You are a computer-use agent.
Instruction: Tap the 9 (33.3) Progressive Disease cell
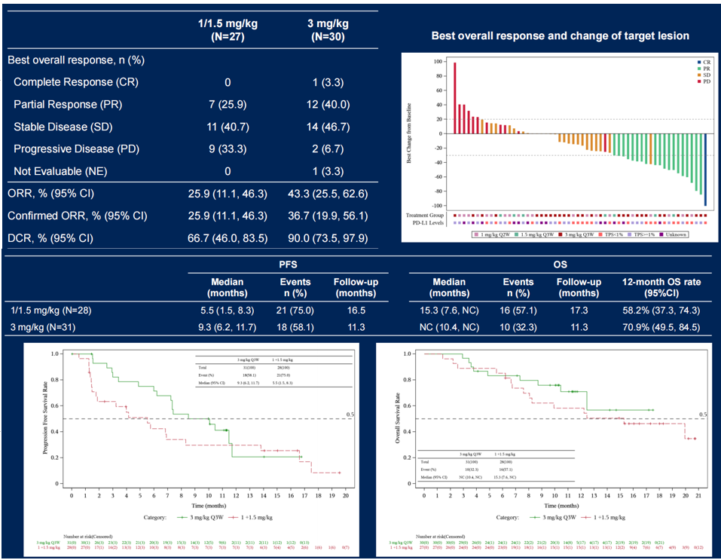228,148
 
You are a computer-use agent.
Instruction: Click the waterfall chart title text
560,36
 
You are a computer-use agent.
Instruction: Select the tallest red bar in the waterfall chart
455,98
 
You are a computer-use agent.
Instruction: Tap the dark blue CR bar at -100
705,170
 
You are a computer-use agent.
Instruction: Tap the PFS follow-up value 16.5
356,310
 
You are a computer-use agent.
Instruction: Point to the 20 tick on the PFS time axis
345,497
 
